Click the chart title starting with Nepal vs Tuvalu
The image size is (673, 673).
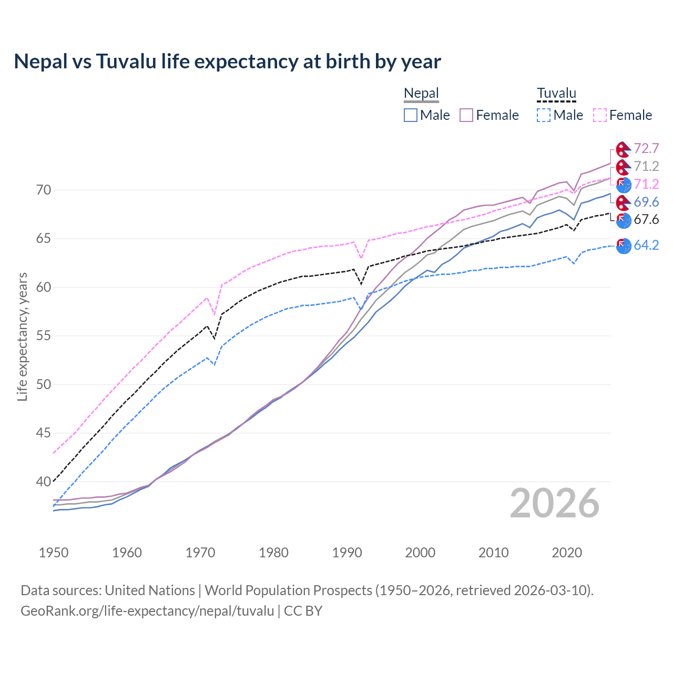227,62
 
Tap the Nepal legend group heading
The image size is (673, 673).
421,94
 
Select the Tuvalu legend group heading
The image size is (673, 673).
556,94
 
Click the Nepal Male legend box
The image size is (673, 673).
411,115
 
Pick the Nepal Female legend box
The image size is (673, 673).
466,115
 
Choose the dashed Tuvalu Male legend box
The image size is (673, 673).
544,115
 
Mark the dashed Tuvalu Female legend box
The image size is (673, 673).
600,115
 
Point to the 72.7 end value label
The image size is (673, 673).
646,149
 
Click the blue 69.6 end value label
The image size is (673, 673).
646,202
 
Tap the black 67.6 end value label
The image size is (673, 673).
646,219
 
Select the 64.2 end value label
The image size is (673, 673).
646,245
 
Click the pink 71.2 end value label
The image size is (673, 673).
646,184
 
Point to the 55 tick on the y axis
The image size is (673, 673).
44,335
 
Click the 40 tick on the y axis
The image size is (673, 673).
44,482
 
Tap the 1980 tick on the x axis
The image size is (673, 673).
273,553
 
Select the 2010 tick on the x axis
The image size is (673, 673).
493,553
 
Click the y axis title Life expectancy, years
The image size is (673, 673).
22,336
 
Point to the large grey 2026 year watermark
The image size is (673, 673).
554,504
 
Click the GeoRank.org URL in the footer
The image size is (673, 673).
147,611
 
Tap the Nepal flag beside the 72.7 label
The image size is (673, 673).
623,149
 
